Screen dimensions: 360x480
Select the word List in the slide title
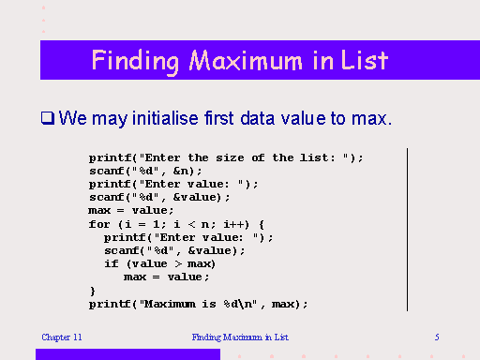(x=367, y=61)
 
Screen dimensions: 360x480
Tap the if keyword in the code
(x=112, y=263)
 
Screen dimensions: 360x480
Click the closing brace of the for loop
(x=92, y=291)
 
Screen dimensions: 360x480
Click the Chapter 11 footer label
(x=62, y=336)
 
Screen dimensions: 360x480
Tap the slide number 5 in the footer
(x=437, y=336)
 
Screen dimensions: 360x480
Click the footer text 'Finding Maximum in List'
(x=241, y=336)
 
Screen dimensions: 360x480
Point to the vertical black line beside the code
(x=407, y=230)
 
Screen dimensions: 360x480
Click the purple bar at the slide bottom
(x=127, y=354)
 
